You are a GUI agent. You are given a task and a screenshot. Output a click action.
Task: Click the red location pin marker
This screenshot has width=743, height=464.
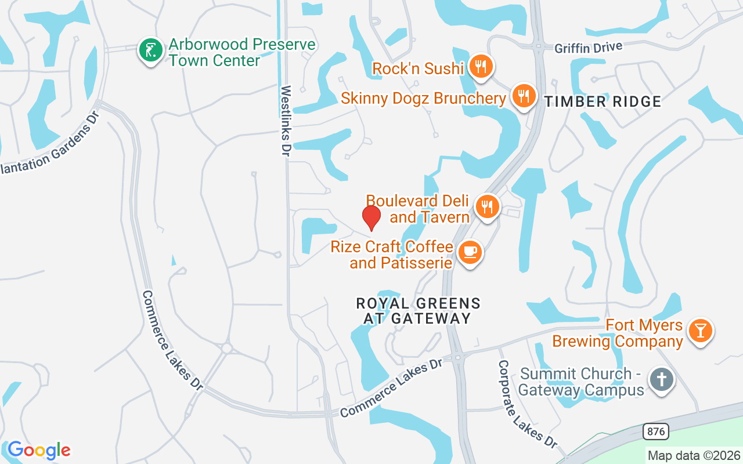coord(371,217)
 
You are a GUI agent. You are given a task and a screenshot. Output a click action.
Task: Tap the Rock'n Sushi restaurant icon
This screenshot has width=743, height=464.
coord(481,67)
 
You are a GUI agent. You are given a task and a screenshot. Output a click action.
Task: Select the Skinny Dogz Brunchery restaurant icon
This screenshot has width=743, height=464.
coord(524,96)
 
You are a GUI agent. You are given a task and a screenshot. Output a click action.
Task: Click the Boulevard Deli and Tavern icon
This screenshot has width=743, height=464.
coord(488,207)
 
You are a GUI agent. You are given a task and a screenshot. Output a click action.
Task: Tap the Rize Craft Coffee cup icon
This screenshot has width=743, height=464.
coord(470,253)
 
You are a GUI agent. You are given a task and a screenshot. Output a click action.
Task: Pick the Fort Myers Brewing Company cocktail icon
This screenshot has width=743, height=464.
coord(701,331)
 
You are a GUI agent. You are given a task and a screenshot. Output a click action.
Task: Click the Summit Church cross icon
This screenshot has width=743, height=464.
coord(662,380)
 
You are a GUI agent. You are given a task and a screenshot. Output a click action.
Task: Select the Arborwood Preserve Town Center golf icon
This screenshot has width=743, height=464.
coord(151,50)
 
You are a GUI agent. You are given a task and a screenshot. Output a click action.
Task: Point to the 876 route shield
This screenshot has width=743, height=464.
coord(656,432)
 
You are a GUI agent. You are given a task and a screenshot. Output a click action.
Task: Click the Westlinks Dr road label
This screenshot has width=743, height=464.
coord(286,121)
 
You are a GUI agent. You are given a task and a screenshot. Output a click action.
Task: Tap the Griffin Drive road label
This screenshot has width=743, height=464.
coord(588,48)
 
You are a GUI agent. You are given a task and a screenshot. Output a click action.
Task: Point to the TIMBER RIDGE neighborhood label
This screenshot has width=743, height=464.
coord(603,102)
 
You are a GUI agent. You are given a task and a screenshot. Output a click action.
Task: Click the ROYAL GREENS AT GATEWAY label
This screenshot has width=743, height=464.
coord(418,311)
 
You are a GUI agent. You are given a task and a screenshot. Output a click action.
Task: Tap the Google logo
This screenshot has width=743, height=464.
coord(39,450)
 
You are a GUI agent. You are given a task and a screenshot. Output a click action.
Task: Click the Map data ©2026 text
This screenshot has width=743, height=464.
coord(694,456)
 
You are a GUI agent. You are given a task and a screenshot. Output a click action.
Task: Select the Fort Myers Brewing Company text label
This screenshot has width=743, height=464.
coord(617,333)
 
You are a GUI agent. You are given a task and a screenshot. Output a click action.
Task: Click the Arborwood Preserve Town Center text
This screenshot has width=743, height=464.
coord(241,52)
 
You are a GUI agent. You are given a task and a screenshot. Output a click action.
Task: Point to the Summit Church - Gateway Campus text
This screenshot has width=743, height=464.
coord(582,382)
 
